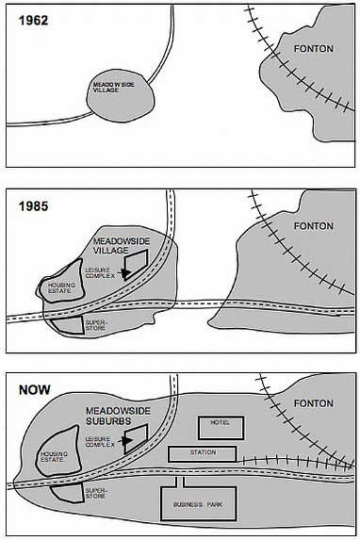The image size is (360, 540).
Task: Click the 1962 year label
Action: (x=33, y=21)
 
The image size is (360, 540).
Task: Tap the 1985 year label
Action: (x=33, y=206)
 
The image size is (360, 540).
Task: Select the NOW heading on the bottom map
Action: (x=35, y=390)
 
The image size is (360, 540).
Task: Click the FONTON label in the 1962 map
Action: (x=314, y=49)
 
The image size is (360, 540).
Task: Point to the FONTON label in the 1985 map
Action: (x=314, y=226)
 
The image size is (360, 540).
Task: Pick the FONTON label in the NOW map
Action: (x=314, y=403)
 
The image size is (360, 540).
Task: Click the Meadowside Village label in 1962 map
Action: (x=114, y=88)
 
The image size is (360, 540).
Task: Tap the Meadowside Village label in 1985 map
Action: (x=122, y=246)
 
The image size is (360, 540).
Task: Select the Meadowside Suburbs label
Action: (x=118, y=416)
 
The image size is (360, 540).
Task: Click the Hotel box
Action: (x=221, y=428)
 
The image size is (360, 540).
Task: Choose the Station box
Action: (x=203, y=454)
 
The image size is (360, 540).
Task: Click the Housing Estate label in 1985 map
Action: (x=61, y=288)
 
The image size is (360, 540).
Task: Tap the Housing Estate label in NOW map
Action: (x=54, y=457)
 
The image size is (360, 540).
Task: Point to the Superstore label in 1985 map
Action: (x=96, y=325)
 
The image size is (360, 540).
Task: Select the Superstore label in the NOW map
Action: (x=96, y=493)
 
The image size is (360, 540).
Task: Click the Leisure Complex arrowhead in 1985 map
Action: (x=126, y=273)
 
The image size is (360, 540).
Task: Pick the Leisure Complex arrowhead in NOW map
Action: (x=127, y=440)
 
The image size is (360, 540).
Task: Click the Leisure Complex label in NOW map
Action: (x=100, y=442)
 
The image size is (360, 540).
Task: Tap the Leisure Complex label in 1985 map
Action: (x=100, y=273)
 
